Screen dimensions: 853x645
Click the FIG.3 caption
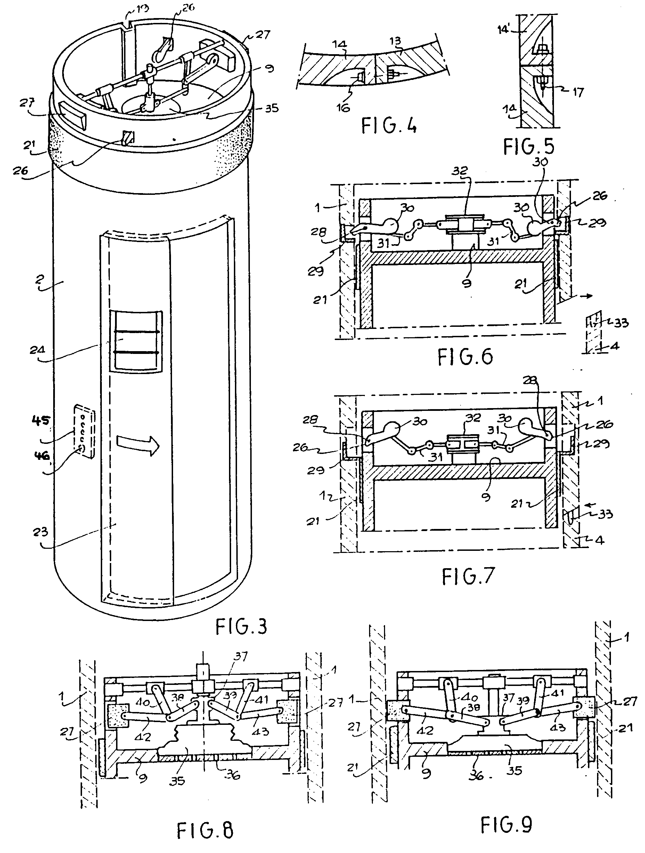click(x=241, y=627)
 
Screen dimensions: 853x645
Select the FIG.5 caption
click(x=529, y=147)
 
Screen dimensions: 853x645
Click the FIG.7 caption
click(x=467, y=577)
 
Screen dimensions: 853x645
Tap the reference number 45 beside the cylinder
click(x=41, y=420)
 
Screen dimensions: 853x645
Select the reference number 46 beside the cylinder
click(x=42, y=456)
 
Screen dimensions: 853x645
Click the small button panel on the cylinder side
click(x=84, y=431)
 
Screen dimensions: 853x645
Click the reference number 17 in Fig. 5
click(x=578, y=92)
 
